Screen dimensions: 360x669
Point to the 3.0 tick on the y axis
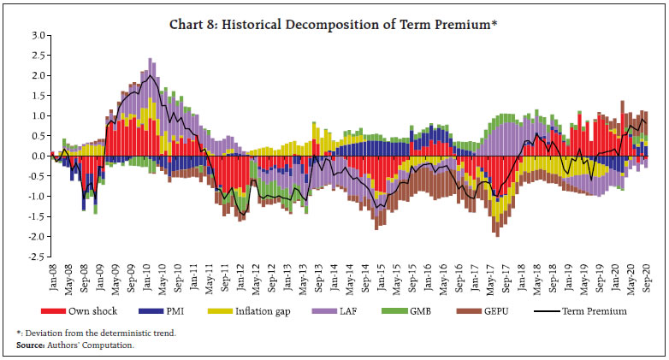[x=36, y=36]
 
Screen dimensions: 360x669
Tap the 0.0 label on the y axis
[x=36, y=156]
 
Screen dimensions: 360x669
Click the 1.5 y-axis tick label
[x=36, y=96]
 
